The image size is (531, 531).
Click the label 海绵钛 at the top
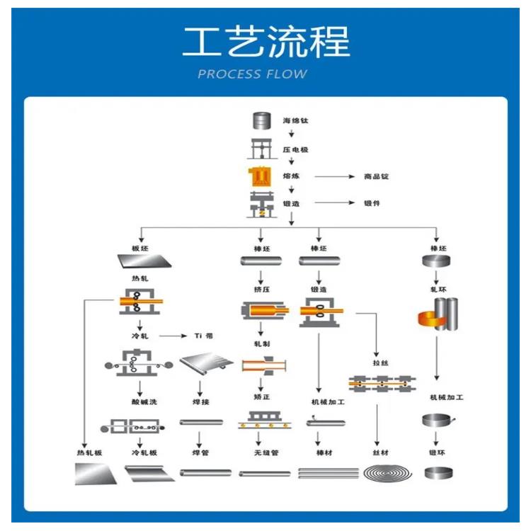(295, 121)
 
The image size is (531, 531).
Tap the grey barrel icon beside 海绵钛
(262, 121)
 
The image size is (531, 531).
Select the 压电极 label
(295, 150)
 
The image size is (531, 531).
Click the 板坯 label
(139, 249)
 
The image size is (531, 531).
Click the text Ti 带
(203, 335)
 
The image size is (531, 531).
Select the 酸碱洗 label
(144, 402)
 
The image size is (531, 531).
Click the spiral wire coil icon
(387, 473)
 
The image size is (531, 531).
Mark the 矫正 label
(261, 399)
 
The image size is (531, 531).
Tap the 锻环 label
(437, 452)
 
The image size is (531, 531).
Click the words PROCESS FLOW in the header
(252, 74)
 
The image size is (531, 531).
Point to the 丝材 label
(381, 452)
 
